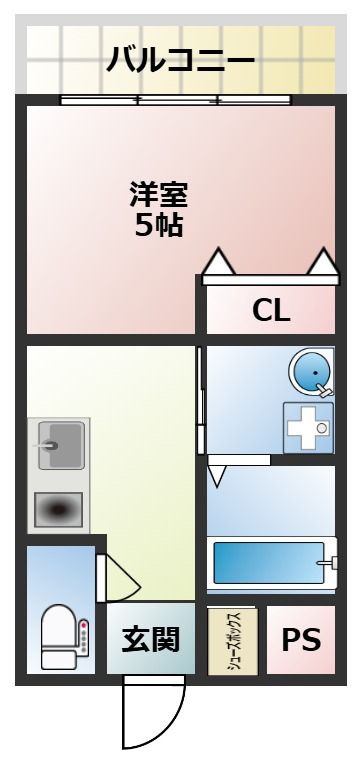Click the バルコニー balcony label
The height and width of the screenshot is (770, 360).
pos(180,60)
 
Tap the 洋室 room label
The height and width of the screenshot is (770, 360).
pos(158,194)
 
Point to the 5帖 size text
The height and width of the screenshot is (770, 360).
pos(159,226)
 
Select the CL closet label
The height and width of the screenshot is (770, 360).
pos(271,310)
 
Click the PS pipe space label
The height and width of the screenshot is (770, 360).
pos(301,640)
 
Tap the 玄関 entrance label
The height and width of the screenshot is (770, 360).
pos(150,639)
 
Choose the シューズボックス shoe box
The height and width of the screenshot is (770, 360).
pos(233,641)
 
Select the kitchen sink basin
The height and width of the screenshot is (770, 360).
pos(61,445)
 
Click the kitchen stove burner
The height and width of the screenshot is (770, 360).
pos(58,510)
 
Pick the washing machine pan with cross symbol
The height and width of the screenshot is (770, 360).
pos(308,428)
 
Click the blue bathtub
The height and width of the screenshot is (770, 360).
pos(269,563)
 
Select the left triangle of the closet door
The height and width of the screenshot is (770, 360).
pos(219,262)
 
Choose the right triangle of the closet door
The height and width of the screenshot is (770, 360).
pos(324,262)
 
